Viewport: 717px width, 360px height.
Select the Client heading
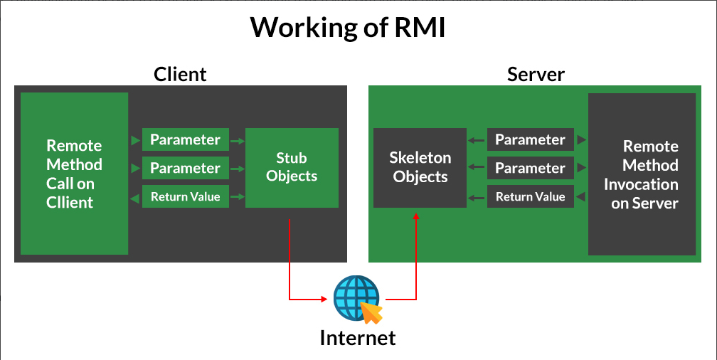pyautogui.click(x=180, y=74)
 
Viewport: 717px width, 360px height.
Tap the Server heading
pyautogui.click(x=536, y=74)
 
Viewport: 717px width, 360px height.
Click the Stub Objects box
pyautogui.click(x=292, y=167)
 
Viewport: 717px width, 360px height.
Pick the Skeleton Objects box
pyautogui.click(x=420, y=167)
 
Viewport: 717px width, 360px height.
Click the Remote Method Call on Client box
pyautogui.click(x=74, y=174)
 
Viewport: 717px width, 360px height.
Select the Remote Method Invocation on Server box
pyautogui.click(x=641, y=174)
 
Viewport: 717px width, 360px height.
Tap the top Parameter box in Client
pyautogui.click(x=185, y=139)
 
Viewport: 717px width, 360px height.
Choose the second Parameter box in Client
pyautogui.click(x=185, y=168)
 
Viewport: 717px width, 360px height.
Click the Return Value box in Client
pyautogui.click(x=185, y=196)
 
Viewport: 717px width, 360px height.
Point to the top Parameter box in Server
pyautogui.click(x=530, y=139)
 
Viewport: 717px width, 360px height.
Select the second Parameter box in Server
pyautogui.click(x=530, y=168)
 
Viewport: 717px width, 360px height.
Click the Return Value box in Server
pyautogui.click(x=530, y=196)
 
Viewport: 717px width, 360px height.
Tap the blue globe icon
pyautogui.click(x=354, y=297)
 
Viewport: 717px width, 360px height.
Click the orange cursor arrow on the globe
pyautogui.click(x=371, y=312)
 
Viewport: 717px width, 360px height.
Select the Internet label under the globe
pyautogui.click(x=357, y=337)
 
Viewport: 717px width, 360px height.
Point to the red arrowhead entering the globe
pyautogui.click(x=329, y=298)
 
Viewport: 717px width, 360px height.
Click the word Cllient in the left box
pyautogui.click(x=70, y=202)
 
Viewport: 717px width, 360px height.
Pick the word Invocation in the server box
pyautogui.click(x=641, y=184)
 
